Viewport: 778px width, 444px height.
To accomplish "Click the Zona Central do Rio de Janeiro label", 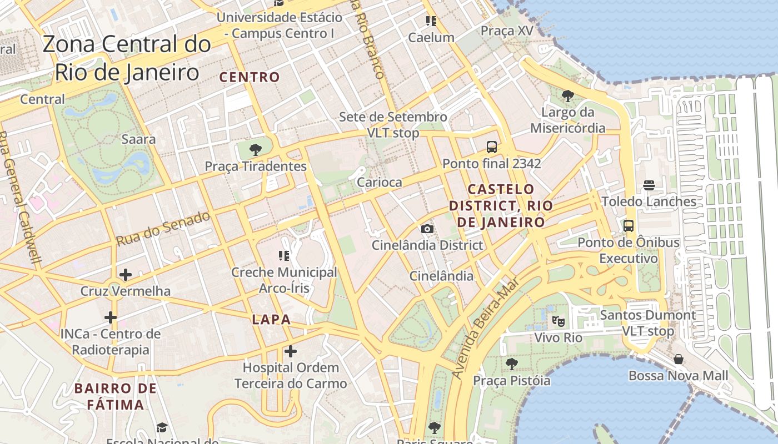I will tap(127, 58).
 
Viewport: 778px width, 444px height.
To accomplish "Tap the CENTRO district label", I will tap(250, 77).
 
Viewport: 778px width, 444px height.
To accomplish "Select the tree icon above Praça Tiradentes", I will tap(256, 149).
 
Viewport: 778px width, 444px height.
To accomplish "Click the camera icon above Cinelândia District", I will tap(427, 229).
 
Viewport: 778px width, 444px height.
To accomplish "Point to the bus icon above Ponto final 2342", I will tap(491, 147).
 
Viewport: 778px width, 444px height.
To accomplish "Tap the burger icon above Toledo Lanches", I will tap(649, 185).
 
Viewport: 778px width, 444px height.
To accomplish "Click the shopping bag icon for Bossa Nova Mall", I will tap(678, 359).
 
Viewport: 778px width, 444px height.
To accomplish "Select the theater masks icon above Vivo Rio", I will tap(558, 321).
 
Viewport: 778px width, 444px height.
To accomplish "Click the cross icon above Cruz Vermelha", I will tap(126, 274).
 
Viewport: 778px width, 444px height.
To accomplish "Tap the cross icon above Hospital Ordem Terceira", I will tap(290, 351).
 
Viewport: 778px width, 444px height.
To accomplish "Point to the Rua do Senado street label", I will tap(163, 228).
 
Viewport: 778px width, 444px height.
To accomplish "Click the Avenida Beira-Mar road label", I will tap(485, 329).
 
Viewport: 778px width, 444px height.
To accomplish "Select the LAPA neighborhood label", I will tap(271, 319).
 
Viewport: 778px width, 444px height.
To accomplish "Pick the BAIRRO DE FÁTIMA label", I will tap(116, 396).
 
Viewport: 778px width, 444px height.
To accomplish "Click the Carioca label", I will tap(379, 182).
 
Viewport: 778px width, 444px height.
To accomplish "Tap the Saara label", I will tap(138, 139).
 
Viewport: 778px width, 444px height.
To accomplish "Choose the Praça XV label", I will tap(506, 31).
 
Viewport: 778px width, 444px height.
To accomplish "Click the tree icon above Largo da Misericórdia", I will tap(567, 96).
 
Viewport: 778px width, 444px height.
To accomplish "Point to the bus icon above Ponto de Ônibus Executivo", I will tap(628, 226).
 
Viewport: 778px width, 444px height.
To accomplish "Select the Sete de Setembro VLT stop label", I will tap(393, 125).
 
